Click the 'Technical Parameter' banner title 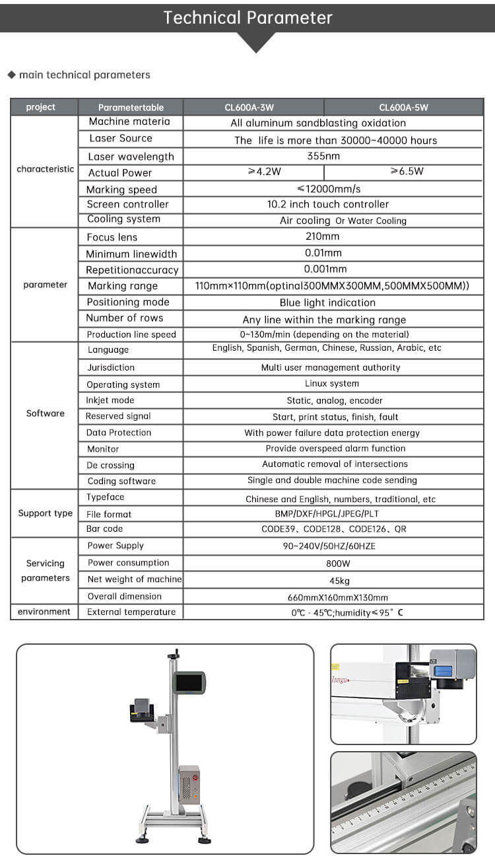[247, 17]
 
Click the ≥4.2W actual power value [264, 172]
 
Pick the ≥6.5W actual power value [407, 172]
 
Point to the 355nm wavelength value [323, 157]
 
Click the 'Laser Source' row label [121, 139]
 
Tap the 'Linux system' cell [332, 383]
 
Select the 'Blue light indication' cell [327, 303]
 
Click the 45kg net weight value [339, 581]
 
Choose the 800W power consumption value [337, 563]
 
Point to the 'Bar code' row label [104, 529]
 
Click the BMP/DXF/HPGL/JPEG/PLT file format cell [327, 513]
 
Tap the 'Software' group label [45, 414]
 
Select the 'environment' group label [44, 612]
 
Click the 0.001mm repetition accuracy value [325, 270]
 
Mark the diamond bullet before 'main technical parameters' [11, 75]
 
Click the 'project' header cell [41, 107]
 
